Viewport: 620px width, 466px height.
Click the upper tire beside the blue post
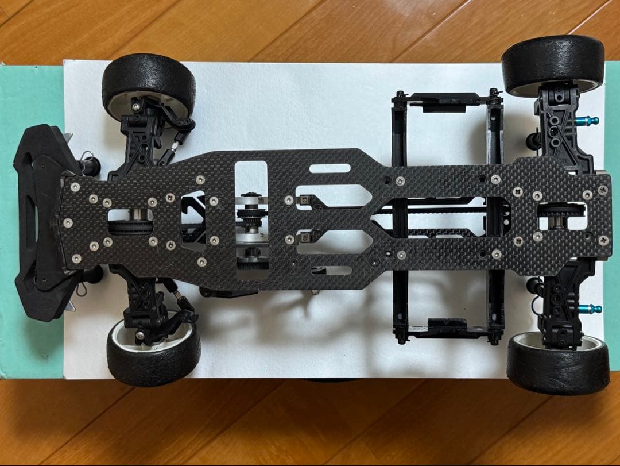point(552,62)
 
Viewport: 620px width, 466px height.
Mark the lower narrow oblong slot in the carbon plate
point(331,270)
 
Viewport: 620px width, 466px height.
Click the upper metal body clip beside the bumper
point(86,156)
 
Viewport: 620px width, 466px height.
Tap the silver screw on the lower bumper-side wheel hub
point(140,335)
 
